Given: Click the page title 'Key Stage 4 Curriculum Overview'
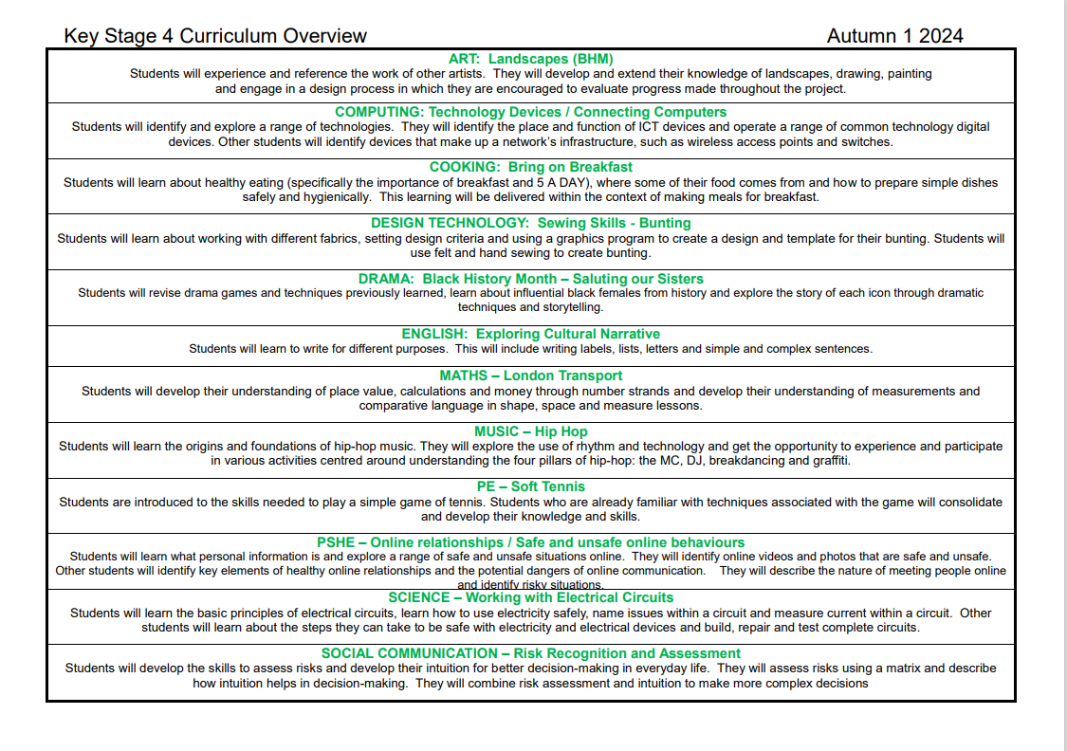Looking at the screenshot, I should point(215,36).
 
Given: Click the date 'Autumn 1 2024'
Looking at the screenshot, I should point(894,36).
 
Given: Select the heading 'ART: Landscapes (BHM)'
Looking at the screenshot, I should point(531,59).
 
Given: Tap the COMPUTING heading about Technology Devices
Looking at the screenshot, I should point(531,112).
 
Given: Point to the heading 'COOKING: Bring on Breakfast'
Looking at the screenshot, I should point(531,168).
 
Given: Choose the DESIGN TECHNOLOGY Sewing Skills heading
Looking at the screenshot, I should point(531,223).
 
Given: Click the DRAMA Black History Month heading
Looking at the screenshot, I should point(531,279).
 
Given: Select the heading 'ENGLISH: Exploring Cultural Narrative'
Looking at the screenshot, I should point(531,334).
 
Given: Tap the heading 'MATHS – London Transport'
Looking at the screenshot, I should point(531,375).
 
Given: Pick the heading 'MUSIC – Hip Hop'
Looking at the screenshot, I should point(531,431).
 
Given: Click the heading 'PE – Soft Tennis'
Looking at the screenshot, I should point(531,486).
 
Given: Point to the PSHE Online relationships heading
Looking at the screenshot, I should point(531,542).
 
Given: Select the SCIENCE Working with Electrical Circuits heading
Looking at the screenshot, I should point(531,597).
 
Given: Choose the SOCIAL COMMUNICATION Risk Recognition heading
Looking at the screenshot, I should point(531,653).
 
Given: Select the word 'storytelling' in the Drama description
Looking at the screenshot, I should point(572,307).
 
